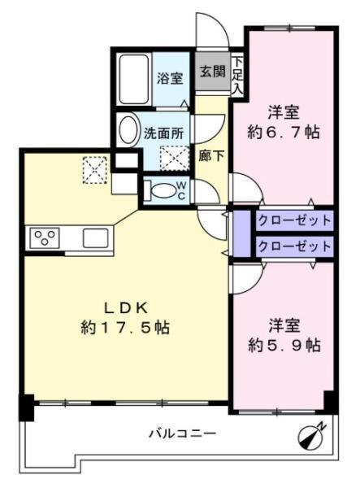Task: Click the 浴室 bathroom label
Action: point(170,78)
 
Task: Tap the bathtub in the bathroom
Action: point(133,79)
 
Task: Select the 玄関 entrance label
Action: point(213,72)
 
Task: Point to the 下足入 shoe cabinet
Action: point(238,75)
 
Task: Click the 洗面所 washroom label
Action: point(163,133)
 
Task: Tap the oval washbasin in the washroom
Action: point(128,130)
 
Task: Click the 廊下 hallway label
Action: point(211,155)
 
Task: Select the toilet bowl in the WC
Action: point(162,190)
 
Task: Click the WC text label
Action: point(181,191)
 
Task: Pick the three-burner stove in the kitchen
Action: point(45,238)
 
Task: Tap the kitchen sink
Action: point(95,238)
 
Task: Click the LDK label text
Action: point(125,308)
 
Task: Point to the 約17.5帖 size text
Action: point(125,328)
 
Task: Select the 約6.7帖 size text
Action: point(284,133)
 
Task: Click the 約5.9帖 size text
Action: point(284,345)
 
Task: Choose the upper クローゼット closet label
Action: point(294,220)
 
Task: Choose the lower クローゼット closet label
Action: point(294,246)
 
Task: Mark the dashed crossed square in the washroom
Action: point(174,158)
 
